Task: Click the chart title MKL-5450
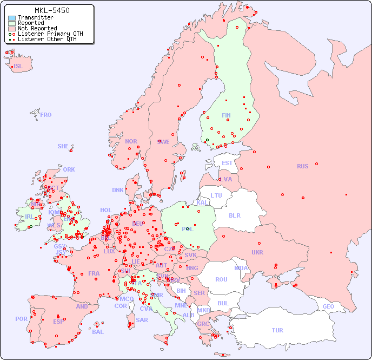coord(51,10)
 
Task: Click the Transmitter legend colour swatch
coord(12,18)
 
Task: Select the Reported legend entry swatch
coord(12,23)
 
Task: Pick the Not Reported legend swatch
coord(12,29)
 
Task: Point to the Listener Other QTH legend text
coord(48,40)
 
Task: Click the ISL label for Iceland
coord(18,67)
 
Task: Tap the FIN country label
coord(226,115)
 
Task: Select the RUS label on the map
coord(302,166)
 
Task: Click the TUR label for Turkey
coord(277,330)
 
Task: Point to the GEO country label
coord(328,306)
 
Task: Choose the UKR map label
coord(257,252)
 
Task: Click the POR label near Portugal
coord(21,319)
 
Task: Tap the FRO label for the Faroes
coord(46,115)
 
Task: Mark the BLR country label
coord(234,215)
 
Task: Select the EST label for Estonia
coord(227,163)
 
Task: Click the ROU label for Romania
coord(221,279)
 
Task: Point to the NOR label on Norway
coord(131,141)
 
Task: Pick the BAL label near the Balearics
coord(97,332)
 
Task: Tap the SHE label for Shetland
coord(63,146)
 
